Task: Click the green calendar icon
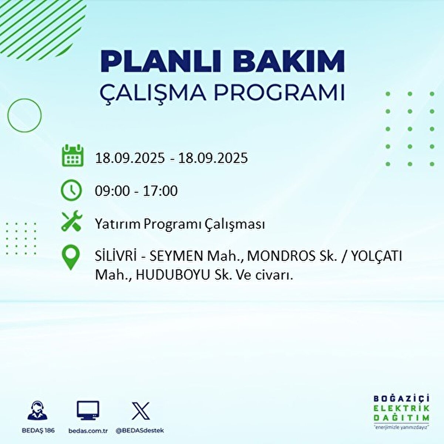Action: (73, 155)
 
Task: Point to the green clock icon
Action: (71, 190)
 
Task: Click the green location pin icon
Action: (71, 257)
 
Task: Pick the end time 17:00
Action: (160, 191)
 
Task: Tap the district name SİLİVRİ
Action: (116, 256)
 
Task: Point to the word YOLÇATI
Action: (377, 256)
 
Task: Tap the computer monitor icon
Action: (88, 410)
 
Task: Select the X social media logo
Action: (141, 411)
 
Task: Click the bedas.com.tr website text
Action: (88, 431)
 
